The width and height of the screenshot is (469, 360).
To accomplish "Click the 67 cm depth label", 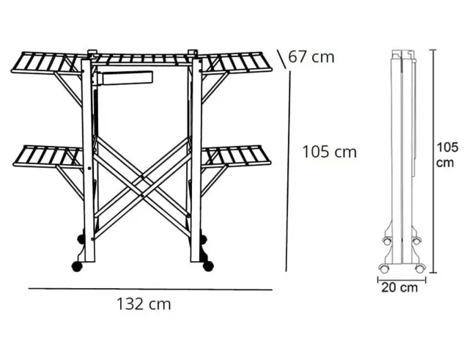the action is (311, 57).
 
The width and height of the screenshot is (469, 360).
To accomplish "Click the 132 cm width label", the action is (144, 304).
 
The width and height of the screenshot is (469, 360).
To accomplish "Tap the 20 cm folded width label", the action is (399, 287).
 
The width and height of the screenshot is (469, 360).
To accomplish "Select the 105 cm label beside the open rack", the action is (330, 152).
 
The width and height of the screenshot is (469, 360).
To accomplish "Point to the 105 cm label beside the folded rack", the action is (447, 155).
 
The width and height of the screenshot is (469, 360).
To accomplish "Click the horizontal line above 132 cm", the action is (150, 289).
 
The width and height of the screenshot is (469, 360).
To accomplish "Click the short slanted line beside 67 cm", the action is (281, 59).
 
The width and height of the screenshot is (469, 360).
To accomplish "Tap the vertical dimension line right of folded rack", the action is (433, 161).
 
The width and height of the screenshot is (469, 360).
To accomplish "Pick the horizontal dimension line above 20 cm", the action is (402, 280).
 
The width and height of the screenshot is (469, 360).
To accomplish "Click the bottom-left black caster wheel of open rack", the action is (77, 266).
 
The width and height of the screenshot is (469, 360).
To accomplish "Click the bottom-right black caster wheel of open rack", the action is (208, 265).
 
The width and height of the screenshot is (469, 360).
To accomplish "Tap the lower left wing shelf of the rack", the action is (48, 155).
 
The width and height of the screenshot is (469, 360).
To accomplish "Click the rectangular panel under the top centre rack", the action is (125, 78).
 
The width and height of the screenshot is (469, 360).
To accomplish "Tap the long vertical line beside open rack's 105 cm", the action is (288, 171).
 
